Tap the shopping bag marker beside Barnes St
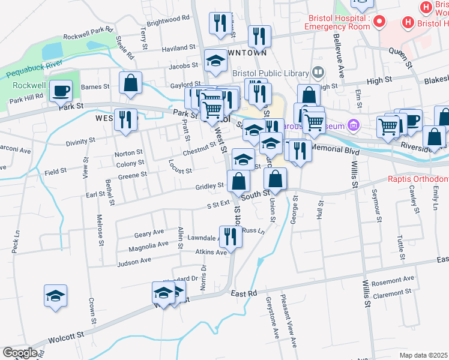[x=130, y=83]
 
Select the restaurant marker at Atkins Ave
[x=231, y=237]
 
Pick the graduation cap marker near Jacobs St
[x=215, y=60]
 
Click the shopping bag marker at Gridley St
[x=238, y=181]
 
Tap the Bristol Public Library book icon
[x=318, y=73]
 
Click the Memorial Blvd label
[x=335, y=149]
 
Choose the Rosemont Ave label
[x=393, y=280]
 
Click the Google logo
[x=19, y=353]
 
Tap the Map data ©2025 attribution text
[x=424, y=355]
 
